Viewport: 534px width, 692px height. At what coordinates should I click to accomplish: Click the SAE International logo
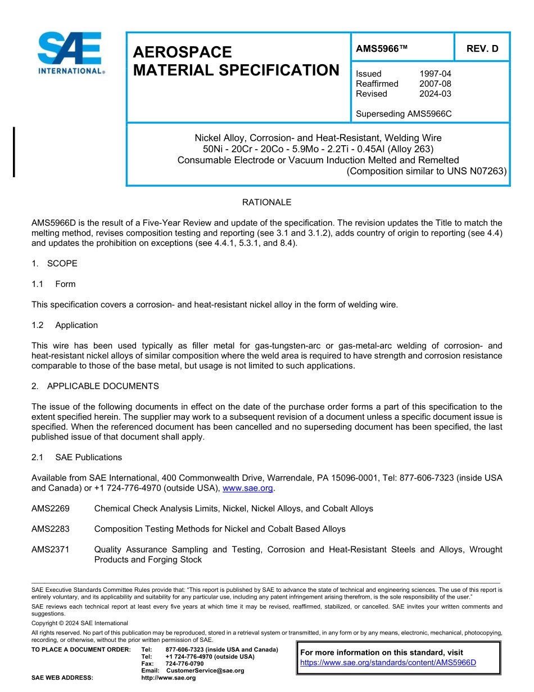(71, 53)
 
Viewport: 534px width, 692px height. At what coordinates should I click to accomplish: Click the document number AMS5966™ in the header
(381, 48)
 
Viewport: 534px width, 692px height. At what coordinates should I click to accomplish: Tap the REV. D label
(482, 48)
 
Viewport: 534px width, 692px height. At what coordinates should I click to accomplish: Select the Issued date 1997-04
(435, 74)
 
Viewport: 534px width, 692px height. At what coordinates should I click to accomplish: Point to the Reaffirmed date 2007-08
(435, 84)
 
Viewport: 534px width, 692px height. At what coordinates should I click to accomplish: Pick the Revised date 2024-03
(435, 94)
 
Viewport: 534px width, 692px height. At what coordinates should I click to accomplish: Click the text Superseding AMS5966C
(404, 114)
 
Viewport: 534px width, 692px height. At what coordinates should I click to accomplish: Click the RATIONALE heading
(266, 202)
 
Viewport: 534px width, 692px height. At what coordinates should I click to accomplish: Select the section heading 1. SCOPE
(55, 263)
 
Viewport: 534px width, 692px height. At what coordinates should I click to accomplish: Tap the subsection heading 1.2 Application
(65, 325)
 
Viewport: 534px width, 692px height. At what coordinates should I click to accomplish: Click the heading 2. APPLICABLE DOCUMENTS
(95, 386)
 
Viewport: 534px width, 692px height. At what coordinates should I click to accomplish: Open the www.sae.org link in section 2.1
(247, 488)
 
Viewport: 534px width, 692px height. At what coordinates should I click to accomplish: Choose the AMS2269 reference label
(51, 509)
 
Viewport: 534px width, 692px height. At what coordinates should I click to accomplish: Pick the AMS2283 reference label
(51, 529)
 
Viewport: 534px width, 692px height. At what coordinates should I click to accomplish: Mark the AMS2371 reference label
(51, 549)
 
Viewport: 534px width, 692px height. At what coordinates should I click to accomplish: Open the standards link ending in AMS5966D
(388, 662)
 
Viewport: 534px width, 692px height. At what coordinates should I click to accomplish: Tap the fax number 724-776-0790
(184, 664)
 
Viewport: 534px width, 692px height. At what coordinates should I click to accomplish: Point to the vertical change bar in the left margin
(14, 152)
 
